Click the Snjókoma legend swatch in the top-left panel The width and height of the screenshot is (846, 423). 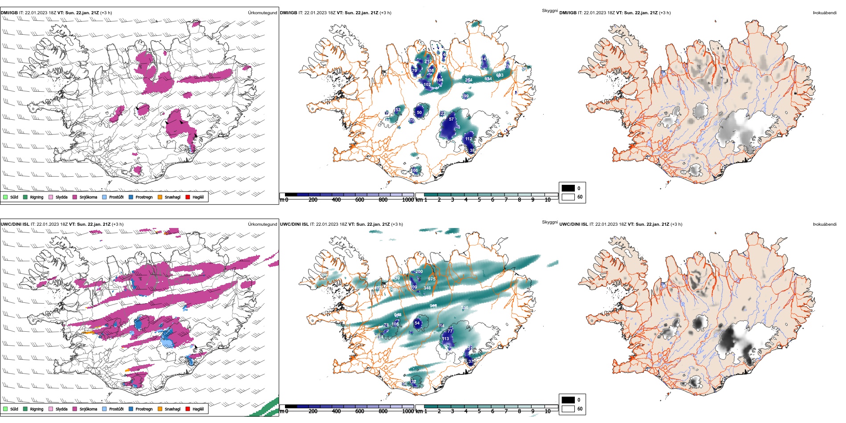pos(75,197)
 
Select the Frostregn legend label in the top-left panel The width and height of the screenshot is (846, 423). pos(144,197)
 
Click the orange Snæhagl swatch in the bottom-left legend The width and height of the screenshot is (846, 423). pos(160,409)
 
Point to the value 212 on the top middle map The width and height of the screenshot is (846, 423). pos(428,61)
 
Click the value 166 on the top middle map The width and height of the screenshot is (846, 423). pos(415,170)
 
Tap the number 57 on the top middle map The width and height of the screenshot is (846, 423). pos(451,119)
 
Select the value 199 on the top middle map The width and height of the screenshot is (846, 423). pos(465,96)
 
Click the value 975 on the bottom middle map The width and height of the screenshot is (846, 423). pos(431,279)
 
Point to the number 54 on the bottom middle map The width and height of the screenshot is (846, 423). pos(417,323)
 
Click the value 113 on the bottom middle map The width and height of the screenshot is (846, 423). pos(445,338)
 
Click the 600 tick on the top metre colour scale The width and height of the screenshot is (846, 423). pos(359,200)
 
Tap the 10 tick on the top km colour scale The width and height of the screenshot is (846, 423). pos(548,200)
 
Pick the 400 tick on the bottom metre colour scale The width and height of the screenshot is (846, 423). pos(336,411)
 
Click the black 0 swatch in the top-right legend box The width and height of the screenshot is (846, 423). pos(568,188)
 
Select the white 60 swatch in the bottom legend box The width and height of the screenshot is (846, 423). pos(568,408)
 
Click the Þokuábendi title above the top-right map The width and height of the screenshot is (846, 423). pos(825,13)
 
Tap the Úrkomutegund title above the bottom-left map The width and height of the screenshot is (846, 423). pos(262,224)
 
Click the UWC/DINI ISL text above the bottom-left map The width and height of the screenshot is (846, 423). pos(15,224)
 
